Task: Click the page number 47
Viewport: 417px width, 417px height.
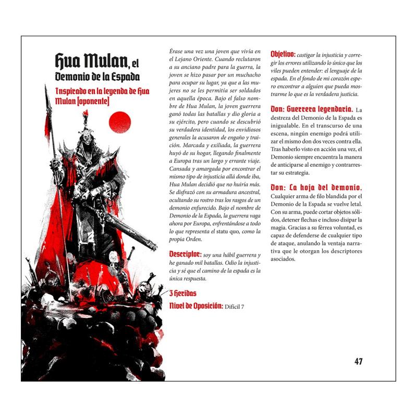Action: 358,361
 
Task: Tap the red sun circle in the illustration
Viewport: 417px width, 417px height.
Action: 119,122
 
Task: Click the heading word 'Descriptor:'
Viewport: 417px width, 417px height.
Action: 186,254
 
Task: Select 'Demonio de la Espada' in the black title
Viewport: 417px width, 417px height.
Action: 98,77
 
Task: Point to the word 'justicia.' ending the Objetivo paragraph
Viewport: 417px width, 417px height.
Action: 345,94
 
